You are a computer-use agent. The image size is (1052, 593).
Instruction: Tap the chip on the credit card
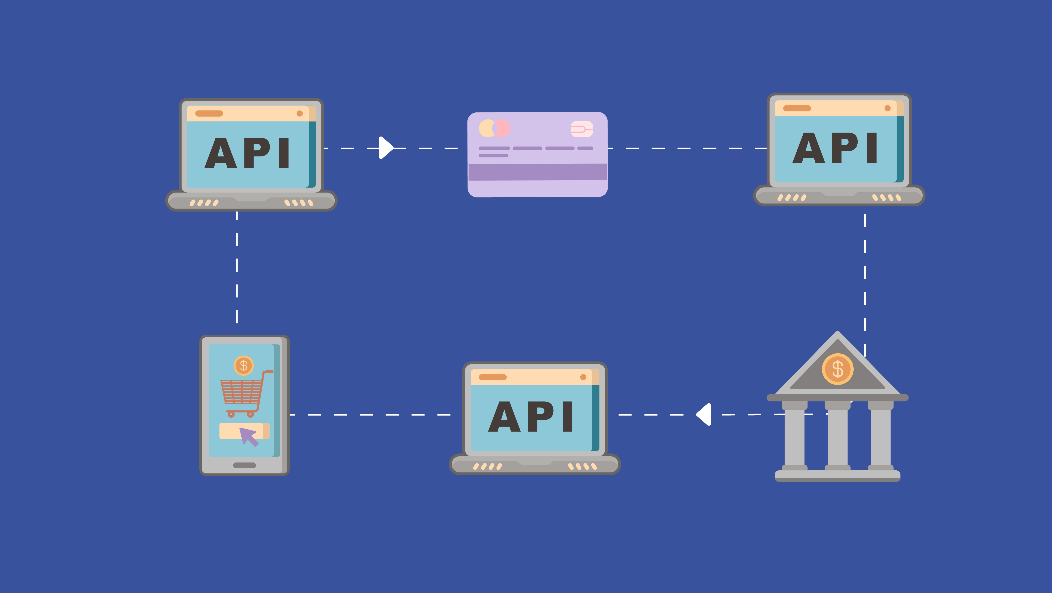(582, 129)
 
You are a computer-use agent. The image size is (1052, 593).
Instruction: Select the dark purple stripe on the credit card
(537, 172)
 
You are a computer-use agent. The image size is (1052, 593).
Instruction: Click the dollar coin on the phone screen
(244, 365)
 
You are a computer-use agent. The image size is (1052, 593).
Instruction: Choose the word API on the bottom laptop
(531, 417)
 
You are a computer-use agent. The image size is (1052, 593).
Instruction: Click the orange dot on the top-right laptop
(887, 108)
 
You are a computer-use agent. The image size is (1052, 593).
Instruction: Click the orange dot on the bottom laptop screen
(583, 377)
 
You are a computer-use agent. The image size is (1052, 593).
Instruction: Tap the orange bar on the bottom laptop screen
(493, 377)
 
